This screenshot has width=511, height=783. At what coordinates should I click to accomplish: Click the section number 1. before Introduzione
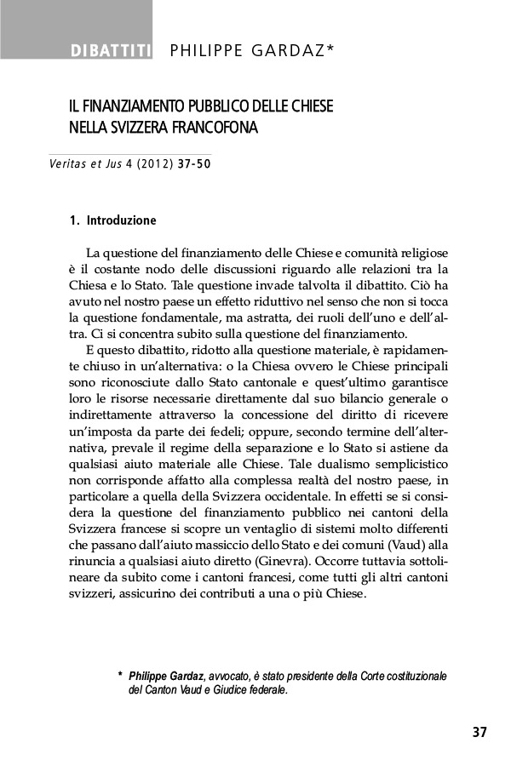(x=74, y=221)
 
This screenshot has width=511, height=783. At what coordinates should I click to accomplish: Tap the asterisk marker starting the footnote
(x=118, y=676)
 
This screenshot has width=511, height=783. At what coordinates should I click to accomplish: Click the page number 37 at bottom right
(x=479, y=732)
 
